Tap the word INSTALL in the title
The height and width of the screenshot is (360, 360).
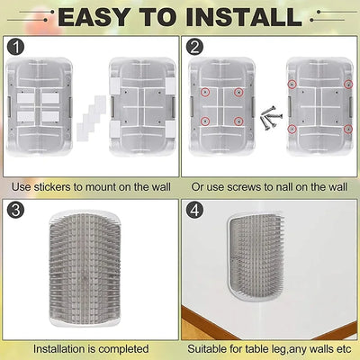(x=241, y=16)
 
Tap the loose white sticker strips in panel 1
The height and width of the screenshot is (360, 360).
(x=87, y=117)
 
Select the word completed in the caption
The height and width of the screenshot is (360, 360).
(x=122, y=348)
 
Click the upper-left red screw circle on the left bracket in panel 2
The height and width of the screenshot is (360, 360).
(x=206, y=93)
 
